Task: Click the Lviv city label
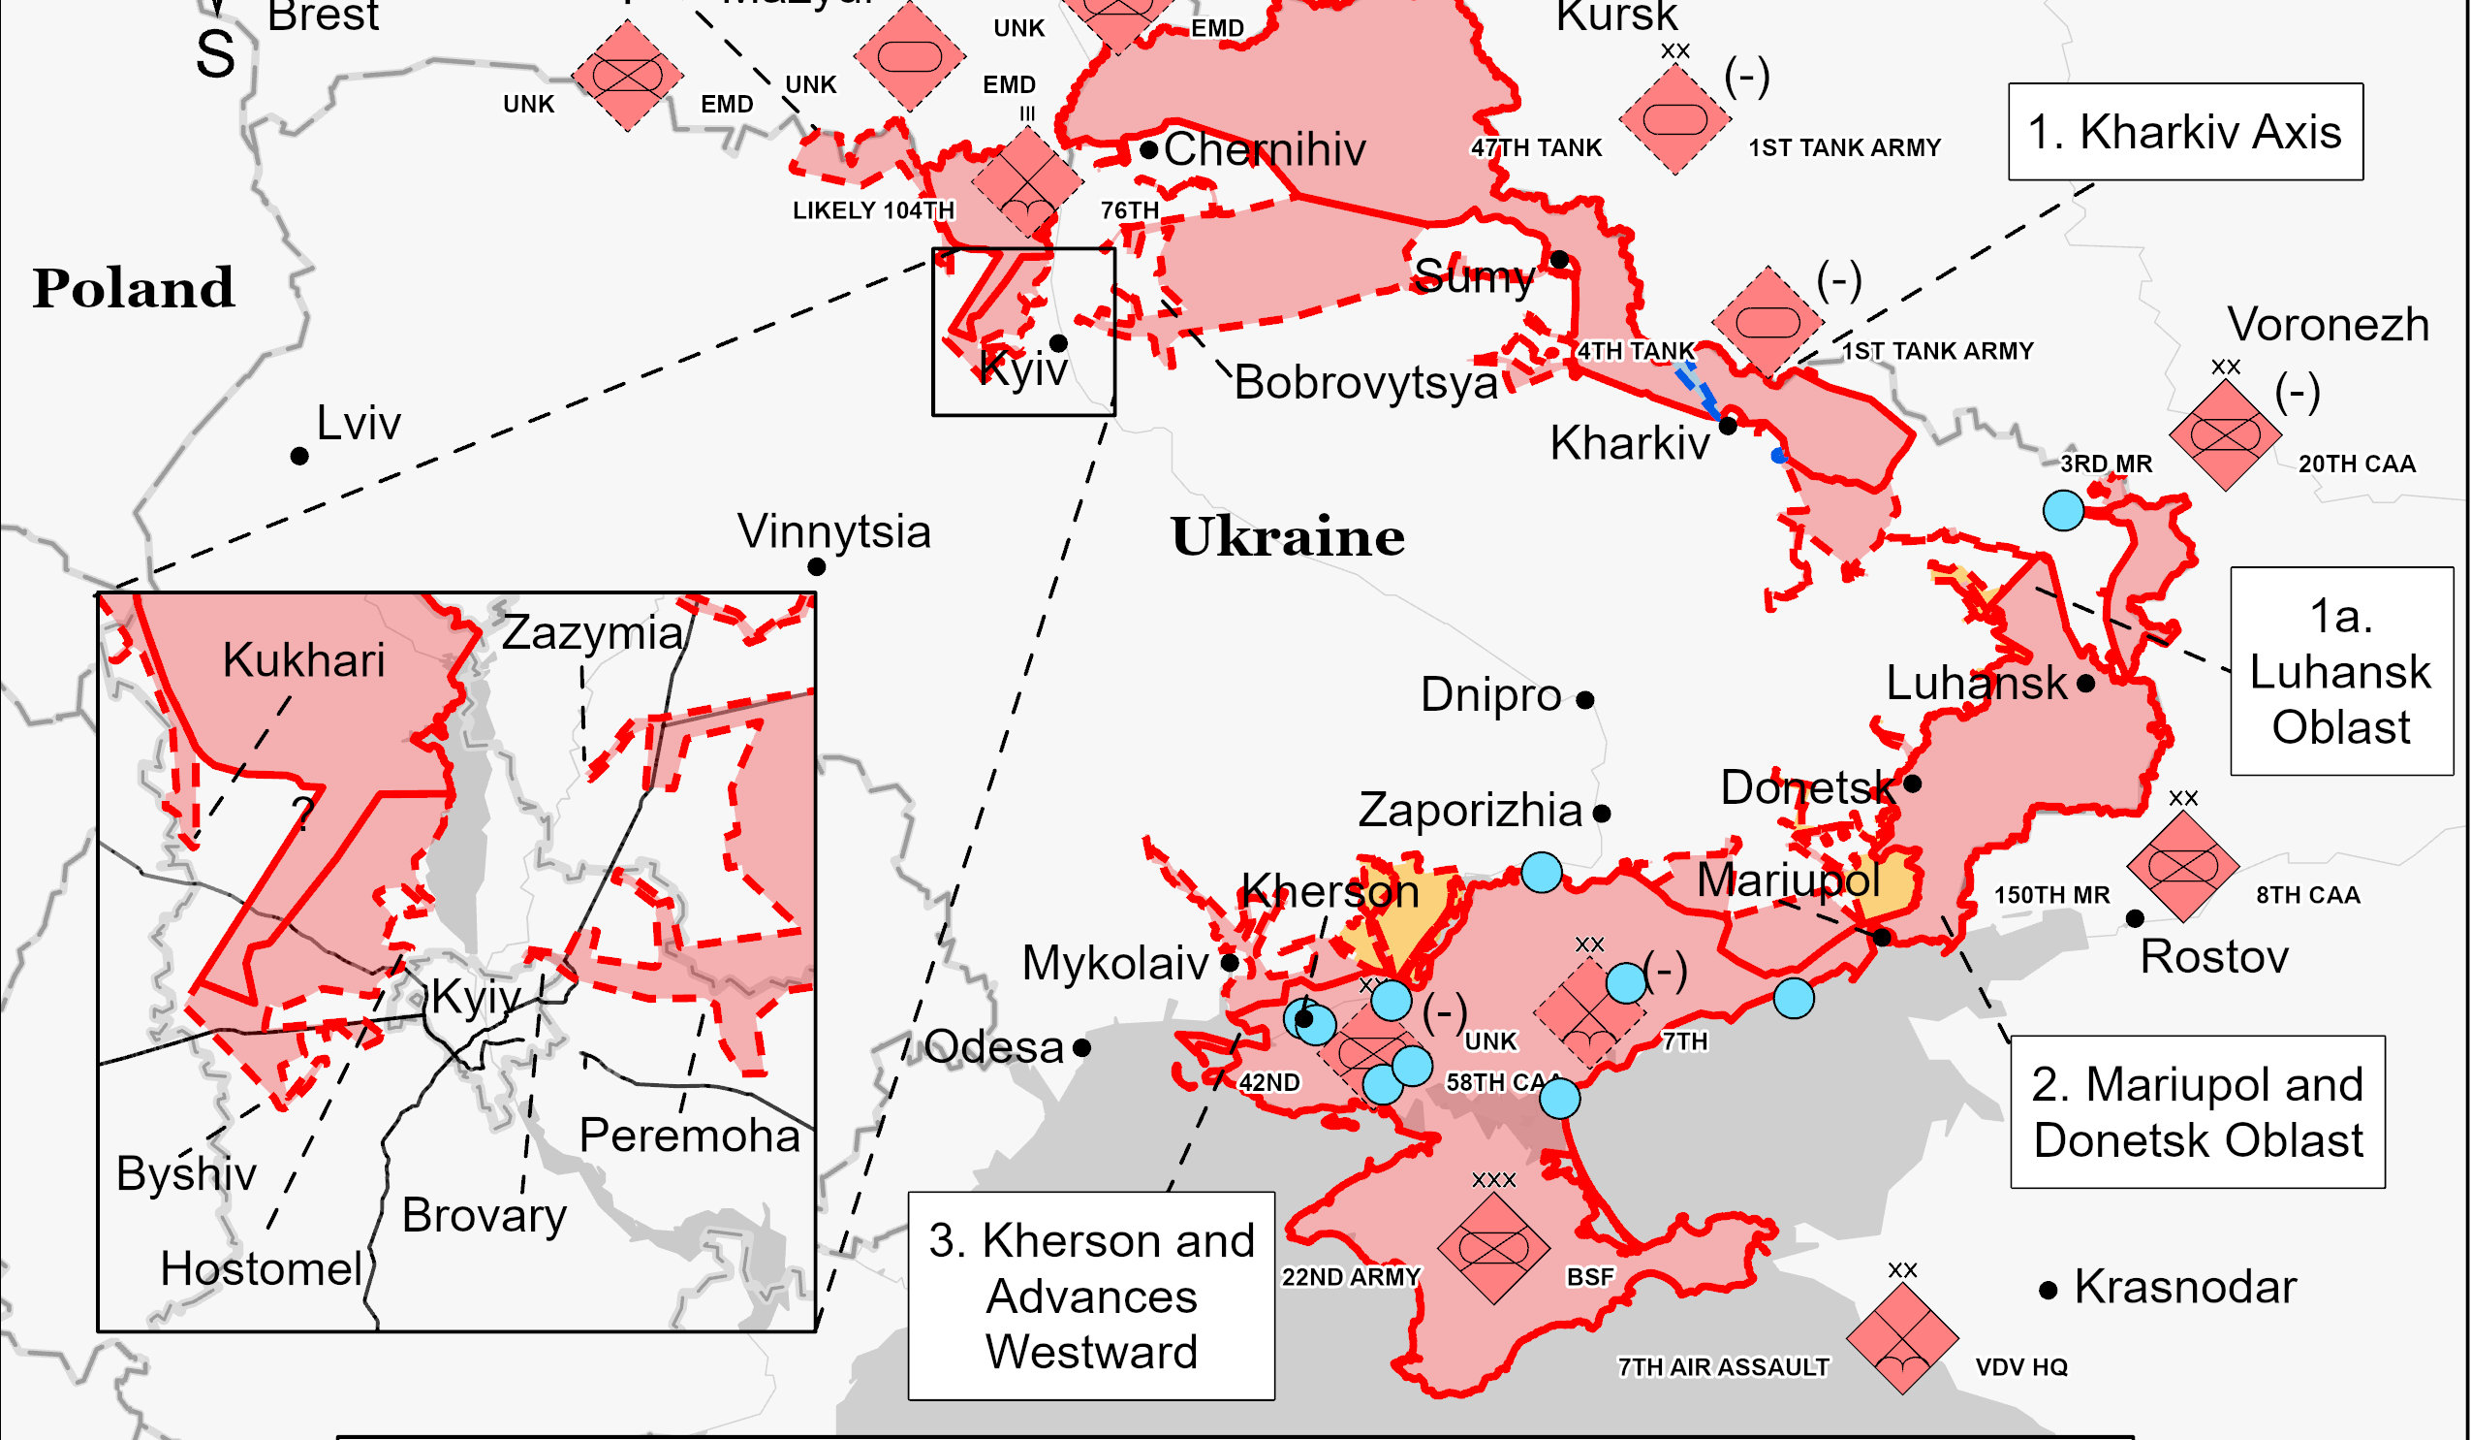tap(358, 424)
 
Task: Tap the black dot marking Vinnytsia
tap(816, 567)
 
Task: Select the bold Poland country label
tap(134, 288)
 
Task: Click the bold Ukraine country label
tap(1288, 537)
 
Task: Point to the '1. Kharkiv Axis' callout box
tap(2185, 133)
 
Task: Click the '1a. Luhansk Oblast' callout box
tap(2340, 672)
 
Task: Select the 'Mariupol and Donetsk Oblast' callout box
tap(2197, 1112)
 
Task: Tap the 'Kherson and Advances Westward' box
tap(1090, 1296)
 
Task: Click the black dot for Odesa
tap(1081, 1047)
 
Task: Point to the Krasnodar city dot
tap(2048, 1291)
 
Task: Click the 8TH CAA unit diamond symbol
tap(2181, 867)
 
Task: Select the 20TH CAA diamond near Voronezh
tap(2224, 434)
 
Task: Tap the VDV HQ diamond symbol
tap(1901, 1338)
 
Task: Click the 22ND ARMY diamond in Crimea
tap(1492, 1248)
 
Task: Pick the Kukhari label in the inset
tap(303, 660)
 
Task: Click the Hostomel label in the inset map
tap(262, 1269)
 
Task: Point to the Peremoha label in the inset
tap(689, 1136)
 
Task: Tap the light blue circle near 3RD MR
tap(2062, 510)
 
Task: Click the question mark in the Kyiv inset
tap(303, 814)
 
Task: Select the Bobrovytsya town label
tap(1365, 383)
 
